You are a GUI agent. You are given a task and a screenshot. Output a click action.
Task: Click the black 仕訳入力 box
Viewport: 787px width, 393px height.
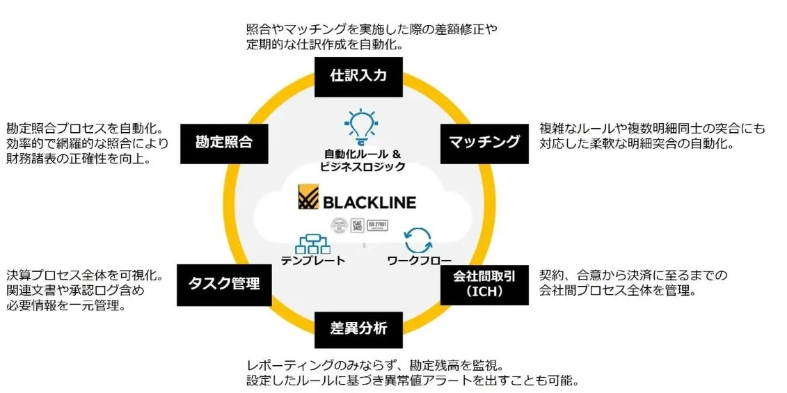tap(358, 77)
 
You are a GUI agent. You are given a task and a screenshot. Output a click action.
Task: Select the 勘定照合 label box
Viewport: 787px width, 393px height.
tap(223, 143)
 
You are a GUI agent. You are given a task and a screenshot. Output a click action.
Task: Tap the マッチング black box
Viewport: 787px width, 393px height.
tap(484, 143)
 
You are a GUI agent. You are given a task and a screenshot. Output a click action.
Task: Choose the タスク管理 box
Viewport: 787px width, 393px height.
tap(223, 284)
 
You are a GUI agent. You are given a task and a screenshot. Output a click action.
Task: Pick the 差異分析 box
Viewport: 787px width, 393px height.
tap(358, 329)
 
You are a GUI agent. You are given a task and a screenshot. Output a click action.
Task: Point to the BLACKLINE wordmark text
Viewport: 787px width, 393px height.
tap(369, 202)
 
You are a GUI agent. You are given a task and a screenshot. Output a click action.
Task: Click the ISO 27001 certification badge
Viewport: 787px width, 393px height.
tap(376, 225)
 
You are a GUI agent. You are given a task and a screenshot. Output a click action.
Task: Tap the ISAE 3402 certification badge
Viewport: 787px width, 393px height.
tap(356, 225)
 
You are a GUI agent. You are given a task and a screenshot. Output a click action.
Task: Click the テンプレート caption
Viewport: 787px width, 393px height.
tap(312, 261)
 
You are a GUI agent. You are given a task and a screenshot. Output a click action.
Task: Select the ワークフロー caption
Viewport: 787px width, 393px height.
tap(419, 261)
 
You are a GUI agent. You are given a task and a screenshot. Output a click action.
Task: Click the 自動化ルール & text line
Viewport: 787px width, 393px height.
tap(362, 154)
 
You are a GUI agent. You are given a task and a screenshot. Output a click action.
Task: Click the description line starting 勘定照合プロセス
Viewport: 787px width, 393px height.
tap(84, 129)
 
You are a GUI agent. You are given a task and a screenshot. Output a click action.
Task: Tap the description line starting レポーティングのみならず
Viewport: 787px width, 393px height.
tap(374, 365)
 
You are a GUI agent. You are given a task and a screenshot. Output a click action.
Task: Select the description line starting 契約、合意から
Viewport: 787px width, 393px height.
tap(633, 275)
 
